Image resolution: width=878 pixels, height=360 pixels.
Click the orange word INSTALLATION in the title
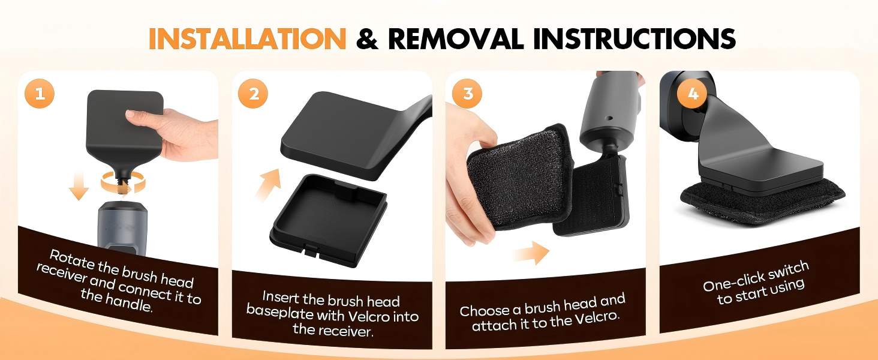tap(247, 38)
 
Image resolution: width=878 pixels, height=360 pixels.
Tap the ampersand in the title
tap(367, 38)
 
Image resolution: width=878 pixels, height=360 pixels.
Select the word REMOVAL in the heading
tap(455, 38)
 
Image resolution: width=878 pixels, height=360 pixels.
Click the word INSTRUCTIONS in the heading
tap(634, 38)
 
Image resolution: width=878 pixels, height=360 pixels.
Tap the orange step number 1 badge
tap(40, 94)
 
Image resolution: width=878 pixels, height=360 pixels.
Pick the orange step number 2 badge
tap(253, 94)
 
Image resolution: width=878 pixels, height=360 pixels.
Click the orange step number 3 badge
tap(468, 94)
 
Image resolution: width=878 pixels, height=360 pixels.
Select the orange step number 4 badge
tap(693, 94)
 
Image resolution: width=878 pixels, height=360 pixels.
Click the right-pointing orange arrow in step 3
tap(531, 253)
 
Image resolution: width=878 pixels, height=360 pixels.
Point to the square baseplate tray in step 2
tap(329, 220)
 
